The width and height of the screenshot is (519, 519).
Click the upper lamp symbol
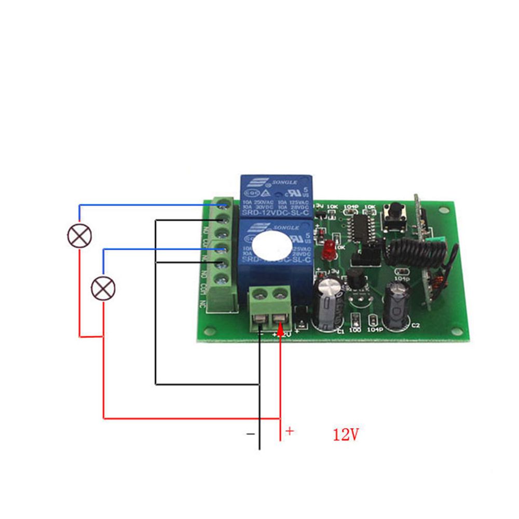pyautogui.click(x=79, y=236)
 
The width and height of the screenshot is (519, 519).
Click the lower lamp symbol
pyautogui.click(x=103, y=288)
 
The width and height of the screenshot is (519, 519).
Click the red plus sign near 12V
pyautogui.click(x=290, y=431)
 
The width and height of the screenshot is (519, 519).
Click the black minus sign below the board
pyautogui.click(x=251, y=432)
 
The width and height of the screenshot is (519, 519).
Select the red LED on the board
pyautogui.click(x=328, y=251)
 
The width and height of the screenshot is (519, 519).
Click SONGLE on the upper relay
pyautogui.click(x=284, y=183)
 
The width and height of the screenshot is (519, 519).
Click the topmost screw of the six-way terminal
pyautogui.click(x=224, y=203)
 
